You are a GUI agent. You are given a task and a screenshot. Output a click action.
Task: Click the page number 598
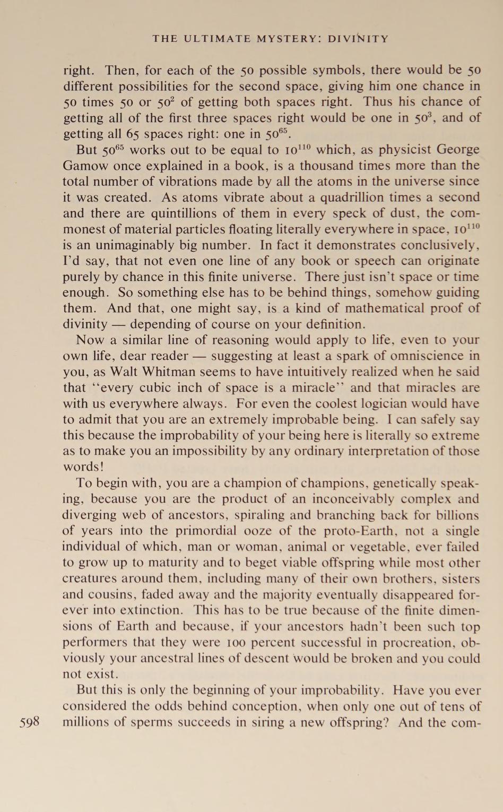(30, 722)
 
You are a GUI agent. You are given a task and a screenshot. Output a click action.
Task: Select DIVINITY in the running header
(359, 39)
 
